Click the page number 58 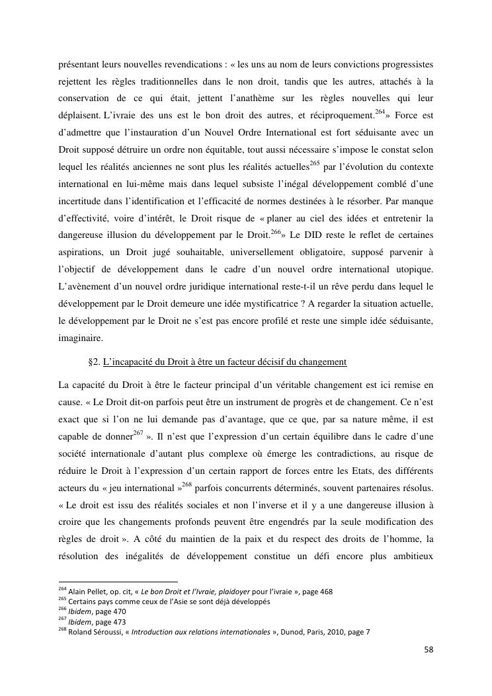click(x=429, y=649)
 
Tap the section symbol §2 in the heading click(x=93, y=363)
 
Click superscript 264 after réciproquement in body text click(x=380, y=111)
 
